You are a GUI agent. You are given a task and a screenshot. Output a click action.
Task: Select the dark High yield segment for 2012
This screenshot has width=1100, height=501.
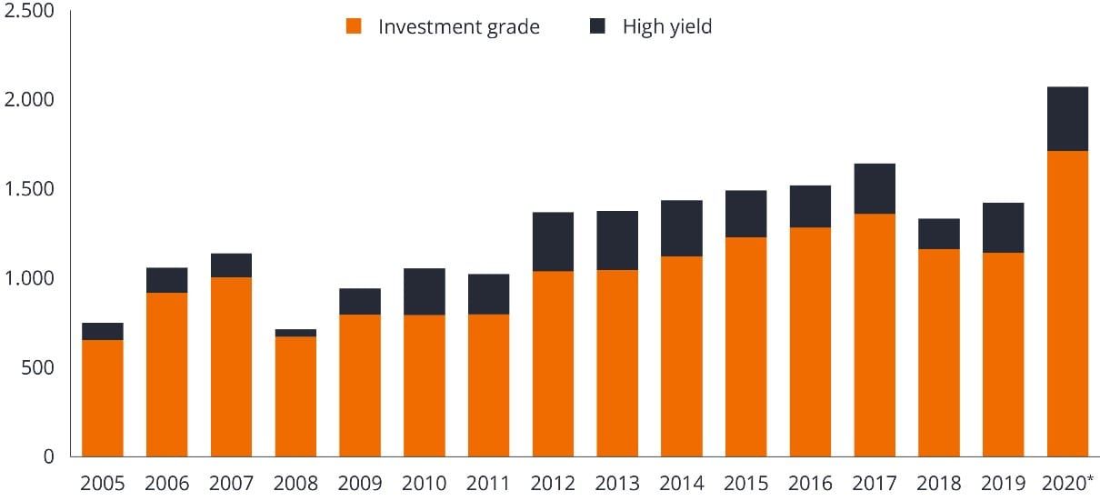tap(553, 242)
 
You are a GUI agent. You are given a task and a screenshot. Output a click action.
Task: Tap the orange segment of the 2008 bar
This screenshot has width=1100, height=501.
tap(295, 396)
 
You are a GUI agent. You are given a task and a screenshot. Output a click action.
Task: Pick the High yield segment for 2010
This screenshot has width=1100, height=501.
tap(425, 292)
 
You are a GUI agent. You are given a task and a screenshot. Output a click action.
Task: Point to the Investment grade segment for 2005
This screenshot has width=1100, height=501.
tap(103, 398)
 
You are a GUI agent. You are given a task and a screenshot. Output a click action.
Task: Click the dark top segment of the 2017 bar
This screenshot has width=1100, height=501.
tap(875, 189)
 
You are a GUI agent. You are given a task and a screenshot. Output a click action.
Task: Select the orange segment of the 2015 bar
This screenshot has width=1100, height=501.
tap(745, 346)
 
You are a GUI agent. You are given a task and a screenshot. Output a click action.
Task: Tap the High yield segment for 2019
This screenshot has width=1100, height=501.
tap(1003, 227)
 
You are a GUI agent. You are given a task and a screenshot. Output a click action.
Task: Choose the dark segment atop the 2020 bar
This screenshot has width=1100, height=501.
tap(1067, 119)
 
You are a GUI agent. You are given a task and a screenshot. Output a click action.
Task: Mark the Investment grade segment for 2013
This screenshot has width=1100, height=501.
tap(617, 363)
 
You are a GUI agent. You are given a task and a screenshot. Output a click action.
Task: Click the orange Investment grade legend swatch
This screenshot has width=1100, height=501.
tap(355, 26)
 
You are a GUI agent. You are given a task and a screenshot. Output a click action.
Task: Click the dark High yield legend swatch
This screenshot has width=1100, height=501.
tap(597, 26)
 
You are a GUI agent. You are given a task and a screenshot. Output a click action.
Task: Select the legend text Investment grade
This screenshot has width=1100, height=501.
tap(459, 26)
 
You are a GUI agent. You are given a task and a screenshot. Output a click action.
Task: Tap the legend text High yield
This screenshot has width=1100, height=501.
tap(666, 26)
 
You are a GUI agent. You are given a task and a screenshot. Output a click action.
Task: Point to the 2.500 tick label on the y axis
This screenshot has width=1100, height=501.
tap(29, 11)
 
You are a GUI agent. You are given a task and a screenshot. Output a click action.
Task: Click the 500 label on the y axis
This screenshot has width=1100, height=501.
tap(37, 367)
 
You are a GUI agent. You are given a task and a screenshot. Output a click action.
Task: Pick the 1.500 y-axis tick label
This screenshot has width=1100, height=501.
tap(29, 188)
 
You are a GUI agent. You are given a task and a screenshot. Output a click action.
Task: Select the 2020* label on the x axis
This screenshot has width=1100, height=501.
tap(1069, 483)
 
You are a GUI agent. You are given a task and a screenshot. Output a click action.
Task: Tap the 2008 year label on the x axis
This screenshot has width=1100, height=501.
tap(295, 483)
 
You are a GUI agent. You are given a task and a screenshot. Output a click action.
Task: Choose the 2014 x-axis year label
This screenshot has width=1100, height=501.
tap(682, 483)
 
